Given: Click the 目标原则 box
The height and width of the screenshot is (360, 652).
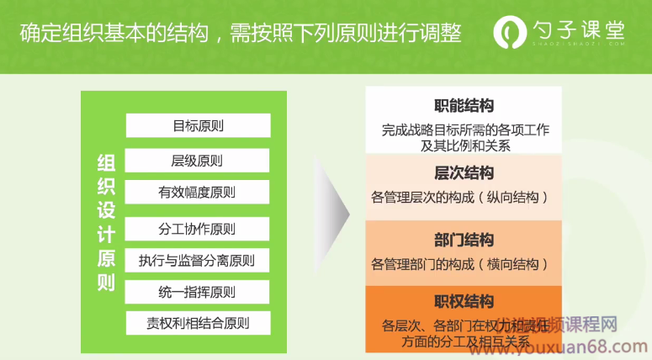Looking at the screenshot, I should [198, 126].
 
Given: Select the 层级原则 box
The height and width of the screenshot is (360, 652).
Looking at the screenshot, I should [198, 161].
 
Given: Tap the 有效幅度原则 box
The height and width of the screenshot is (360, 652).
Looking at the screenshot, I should [198, 192].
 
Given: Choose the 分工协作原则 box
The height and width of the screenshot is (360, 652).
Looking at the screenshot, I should [198, 229].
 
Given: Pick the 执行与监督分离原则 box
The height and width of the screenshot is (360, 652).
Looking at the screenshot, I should [198, 261].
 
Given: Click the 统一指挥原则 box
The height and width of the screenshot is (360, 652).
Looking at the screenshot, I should [198, 293].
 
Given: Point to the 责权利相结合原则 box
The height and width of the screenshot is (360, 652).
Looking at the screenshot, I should [198, 323].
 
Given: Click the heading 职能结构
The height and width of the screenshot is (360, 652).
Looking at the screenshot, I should [464, 106].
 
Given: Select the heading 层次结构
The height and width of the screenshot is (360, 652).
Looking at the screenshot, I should [464, 173].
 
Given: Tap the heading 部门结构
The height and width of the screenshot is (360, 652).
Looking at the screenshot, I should [464, 240].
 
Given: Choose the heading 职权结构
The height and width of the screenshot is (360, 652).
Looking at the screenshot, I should [464, 301].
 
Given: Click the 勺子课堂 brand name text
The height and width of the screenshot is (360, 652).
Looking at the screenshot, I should [580, 30].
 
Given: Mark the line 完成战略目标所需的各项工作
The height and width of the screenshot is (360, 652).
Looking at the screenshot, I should [465, 130].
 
